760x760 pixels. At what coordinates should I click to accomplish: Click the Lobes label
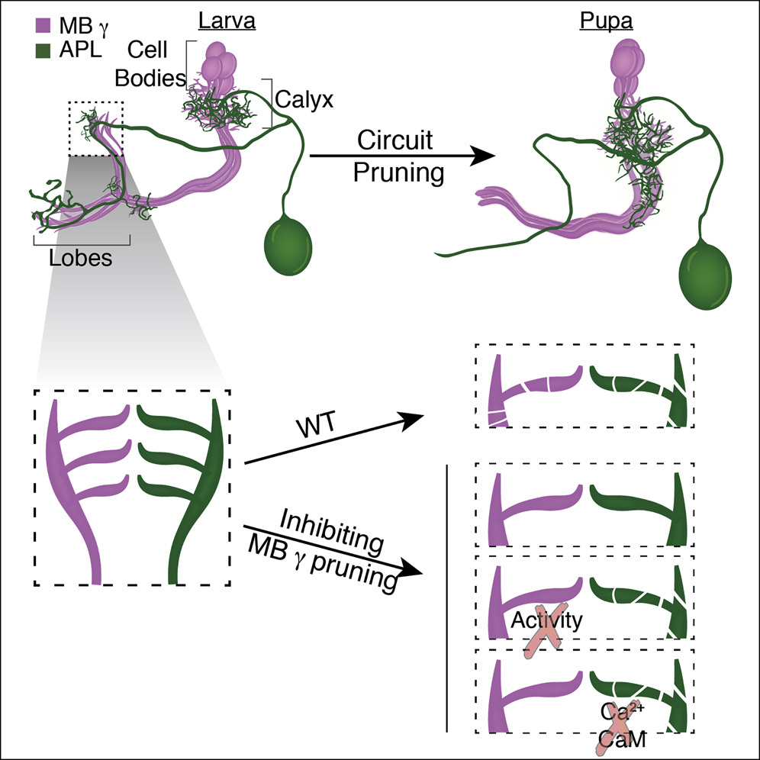80,257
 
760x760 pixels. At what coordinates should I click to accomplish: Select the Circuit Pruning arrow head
477,156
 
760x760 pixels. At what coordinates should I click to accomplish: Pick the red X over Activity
543,628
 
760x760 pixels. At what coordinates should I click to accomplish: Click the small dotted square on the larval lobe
96,128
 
